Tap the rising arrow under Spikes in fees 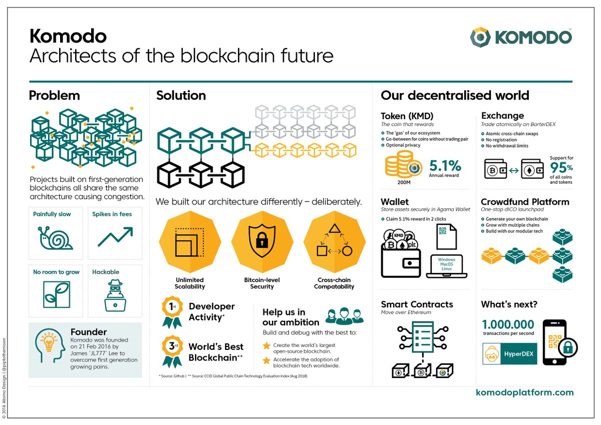pyautogui.click(x=115, y=236)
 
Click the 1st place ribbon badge pyautogui.click(x=171, y=311)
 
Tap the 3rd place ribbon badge pyautogui.click(x=171, y=351)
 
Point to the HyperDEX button pyautogui.click(x=509, y=354)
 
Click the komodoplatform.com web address pyautogui.click(x=524, y=393)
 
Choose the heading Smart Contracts pyautogui.click(x=417, y=304)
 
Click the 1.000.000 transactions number pyautogui.click(x=508, y=324)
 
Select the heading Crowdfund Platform pyautogui.click(x=525, y=202)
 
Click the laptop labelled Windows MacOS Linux pyautogui.click(x=446, y=266)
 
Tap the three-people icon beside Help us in pyautogui.click(x=344, y=316)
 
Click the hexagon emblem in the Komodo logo pyautogui.click(x=481, y=38)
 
